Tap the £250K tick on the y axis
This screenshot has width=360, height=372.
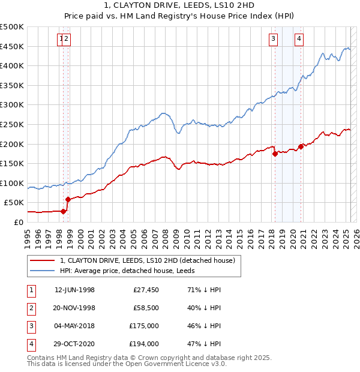coord(12,124)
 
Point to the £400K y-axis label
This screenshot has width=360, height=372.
coord(12,65)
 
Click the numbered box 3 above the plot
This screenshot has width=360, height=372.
coord(273,40)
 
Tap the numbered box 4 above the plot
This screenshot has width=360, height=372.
coord(299,40)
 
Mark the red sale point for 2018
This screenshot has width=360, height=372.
coord(275,154)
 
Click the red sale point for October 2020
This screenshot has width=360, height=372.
coord(301,146)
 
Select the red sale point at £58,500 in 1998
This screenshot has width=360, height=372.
coord(68,199)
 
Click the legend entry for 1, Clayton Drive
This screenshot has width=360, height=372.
coord(150,260)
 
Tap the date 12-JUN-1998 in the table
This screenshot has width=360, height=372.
coord(74,290)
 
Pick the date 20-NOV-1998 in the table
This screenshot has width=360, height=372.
coord(74,308)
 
